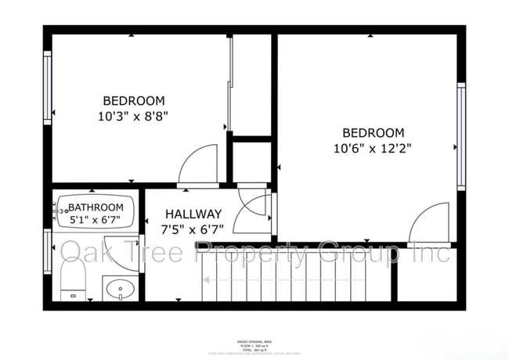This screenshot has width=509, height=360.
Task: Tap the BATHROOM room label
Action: (96, 207)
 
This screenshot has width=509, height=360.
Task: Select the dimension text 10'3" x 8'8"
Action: (134, 115)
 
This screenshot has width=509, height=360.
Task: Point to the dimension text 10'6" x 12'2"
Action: (373, 148)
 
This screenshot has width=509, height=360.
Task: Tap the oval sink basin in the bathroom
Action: (120, 289)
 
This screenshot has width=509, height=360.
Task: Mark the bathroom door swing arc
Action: (254, 207)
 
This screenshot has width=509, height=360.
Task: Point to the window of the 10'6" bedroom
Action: (461, 136)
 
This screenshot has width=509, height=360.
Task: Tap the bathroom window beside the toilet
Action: (48, 251)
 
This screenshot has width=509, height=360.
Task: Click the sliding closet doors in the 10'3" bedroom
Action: (230, 86)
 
